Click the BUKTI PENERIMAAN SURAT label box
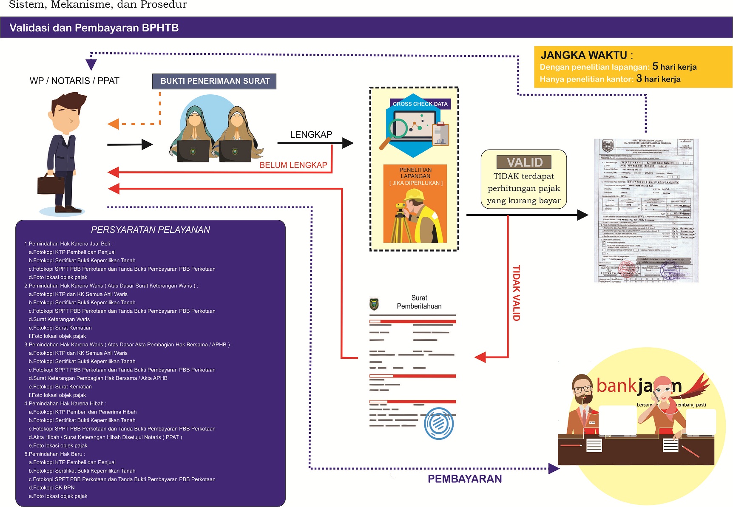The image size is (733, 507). tap(214, 81)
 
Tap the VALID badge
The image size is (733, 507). tap(524, 162)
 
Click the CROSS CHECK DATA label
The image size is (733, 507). tap(420, 104)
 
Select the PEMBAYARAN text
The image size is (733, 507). tap(464, 479)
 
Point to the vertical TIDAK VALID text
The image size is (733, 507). tap(516, 293)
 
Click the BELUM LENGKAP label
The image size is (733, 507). tap(293, 165)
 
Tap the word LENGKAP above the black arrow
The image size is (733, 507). tap(311, 135)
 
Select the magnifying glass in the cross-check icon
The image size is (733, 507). tap(397, 130)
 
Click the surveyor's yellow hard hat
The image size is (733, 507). tap(414, 195)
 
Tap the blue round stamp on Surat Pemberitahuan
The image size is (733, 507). tap(438, 423)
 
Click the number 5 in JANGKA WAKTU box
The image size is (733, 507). tap(655, 66)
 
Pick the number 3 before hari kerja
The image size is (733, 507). tap(639, 79)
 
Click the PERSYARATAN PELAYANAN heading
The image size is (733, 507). tap(151, 230)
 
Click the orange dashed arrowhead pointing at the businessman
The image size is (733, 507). tap(114, 124)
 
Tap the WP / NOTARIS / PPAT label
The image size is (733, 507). tap(74, 81)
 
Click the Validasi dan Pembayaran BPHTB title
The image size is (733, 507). tap(94, 28)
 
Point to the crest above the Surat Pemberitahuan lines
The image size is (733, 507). tap(374, 304)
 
